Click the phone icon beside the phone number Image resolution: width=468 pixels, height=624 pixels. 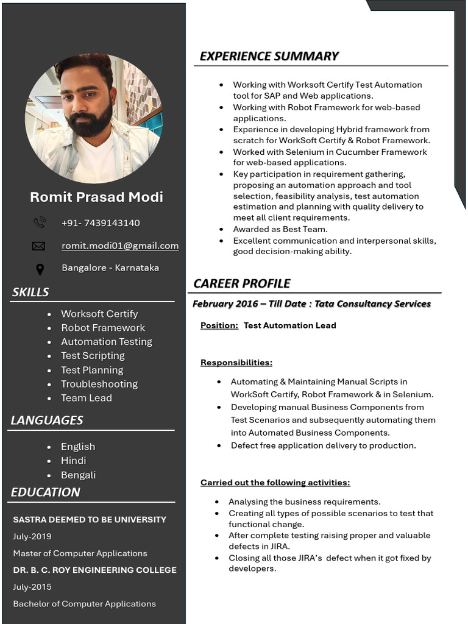40,222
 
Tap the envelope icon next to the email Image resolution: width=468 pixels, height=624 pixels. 38,246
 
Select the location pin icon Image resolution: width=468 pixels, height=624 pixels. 40,269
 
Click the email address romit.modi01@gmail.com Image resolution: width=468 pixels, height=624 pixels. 120,246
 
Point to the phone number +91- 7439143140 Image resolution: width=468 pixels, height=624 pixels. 101,223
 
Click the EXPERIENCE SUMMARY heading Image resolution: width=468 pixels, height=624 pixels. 269,56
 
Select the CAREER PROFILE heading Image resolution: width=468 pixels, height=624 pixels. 241,283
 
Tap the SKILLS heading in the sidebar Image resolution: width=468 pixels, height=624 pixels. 30,292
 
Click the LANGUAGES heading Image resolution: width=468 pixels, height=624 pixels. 47,420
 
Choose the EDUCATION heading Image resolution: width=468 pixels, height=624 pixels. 46,492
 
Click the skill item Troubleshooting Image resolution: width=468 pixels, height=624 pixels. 99,384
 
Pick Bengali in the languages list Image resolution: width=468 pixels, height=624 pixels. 78,475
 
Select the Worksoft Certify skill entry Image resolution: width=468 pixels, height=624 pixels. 99,314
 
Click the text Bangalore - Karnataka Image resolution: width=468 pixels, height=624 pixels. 110,268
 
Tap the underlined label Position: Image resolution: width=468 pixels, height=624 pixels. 219,325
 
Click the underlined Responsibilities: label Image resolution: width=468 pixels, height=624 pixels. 236,363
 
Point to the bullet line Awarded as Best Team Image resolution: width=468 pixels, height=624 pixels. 280,229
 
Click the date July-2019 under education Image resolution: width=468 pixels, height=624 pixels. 32,537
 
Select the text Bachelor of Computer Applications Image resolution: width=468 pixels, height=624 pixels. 85,604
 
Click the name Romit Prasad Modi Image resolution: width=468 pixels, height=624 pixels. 96,197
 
